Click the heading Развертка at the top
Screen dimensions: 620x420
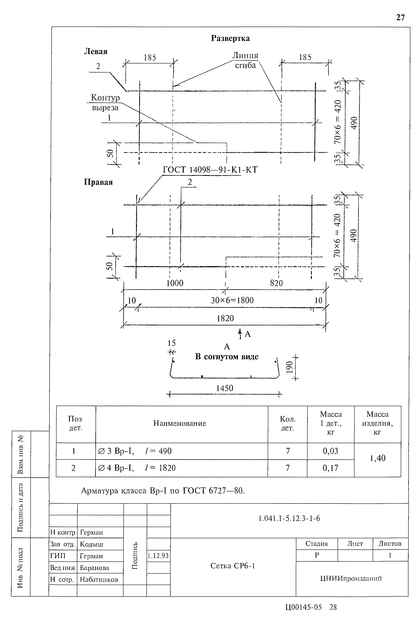click(230, 38)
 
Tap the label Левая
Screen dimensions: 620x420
click(96, 51)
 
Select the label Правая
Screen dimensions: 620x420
click(98, 182)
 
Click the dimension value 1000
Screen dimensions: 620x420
click(175, 283)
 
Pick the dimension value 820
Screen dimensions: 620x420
click(276, 283)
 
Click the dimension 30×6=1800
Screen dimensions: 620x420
click(232, 300)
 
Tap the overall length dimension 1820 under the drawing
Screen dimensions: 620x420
click(225, 318)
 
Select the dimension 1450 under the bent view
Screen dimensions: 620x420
click(224, 388)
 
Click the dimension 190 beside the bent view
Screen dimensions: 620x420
click(290, 367)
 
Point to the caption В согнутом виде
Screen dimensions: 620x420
click(227, 357)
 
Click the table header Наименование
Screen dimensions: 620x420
click(180, 423)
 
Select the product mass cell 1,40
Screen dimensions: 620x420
click(377, 458)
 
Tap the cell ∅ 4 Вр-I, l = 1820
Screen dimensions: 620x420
click(137, 468)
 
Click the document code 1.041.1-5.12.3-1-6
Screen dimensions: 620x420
click(289, 518)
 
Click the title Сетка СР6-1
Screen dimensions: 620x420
click(233, 566)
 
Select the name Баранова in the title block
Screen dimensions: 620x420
click(95, 568)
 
